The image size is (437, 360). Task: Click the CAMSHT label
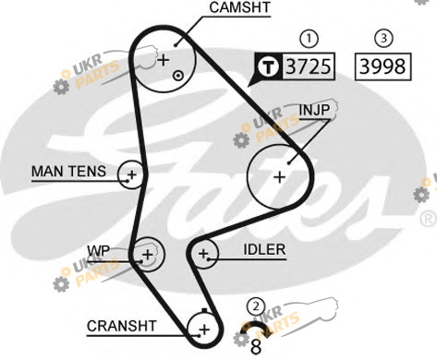point(239,7)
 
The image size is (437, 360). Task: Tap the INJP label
point(314,110)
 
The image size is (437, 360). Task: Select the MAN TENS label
point(69,172)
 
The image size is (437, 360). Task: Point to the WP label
point(99,251)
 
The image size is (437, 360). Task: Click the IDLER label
point(264,250)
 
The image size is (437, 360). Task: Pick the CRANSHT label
point(122,326)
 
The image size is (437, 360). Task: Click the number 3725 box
point(309,66)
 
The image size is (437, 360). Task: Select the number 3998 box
point(382,66)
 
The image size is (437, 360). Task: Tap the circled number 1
point(309,39)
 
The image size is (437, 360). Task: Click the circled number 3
point(383,38)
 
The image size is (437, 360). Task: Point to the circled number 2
point(256,306)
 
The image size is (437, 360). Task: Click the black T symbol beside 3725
point(269,66)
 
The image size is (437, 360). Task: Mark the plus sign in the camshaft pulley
point(164,60)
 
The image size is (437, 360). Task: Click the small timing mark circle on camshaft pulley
point(178,76)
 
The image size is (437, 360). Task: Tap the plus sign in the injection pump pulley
point(280,177)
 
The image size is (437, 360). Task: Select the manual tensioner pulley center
point(132,174)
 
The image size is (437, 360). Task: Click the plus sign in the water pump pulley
point(148,255)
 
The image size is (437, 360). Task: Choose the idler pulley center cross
point(203,254)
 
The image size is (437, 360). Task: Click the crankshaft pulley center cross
point(204,330)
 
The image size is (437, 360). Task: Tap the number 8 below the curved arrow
point(256,347)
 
